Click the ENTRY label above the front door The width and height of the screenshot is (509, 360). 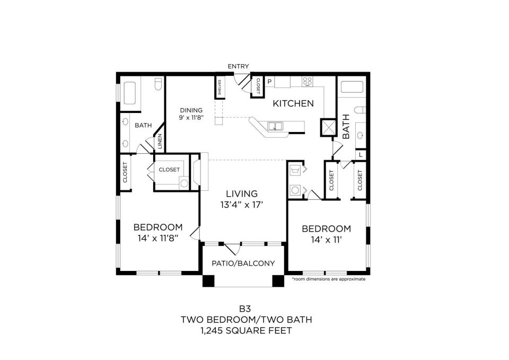[238, 67]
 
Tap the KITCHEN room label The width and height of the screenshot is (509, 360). [293, 103]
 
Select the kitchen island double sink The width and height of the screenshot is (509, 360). [275, 126]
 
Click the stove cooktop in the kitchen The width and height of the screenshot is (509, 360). [308, 81]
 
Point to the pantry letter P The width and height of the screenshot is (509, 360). [269, 82]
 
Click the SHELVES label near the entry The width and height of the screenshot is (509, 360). [220, 87]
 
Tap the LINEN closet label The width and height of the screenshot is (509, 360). [160, 142]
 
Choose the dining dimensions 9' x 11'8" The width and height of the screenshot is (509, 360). [191, 118]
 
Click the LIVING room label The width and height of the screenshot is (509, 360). [242, 194]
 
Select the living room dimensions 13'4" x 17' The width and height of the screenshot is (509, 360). [242, 205]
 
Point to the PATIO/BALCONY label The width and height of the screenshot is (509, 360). [243, 264]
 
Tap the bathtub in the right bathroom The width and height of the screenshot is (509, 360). [352, 87]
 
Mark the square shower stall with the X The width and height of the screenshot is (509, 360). [328, 128]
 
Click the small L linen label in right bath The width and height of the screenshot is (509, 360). [361, 155]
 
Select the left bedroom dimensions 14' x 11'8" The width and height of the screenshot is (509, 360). [158, 238]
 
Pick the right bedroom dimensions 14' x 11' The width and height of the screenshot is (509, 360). [326, 240]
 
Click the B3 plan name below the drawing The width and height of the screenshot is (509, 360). [245, 309]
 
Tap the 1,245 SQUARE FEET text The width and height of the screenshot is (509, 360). [246, 331]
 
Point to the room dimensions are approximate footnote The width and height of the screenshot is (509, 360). [329, 279]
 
